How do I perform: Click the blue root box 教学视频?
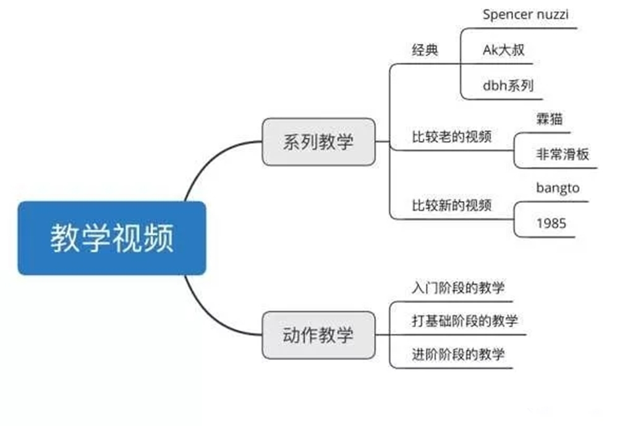(111, 238)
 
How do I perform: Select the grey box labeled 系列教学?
(318, 142)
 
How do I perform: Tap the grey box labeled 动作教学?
(318, 335)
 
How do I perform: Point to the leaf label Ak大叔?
(503, 50)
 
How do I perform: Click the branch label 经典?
(425, 50)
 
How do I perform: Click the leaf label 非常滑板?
(562, 155)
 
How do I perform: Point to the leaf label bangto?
(558, 188)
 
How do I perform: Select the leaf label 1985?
(550, 223)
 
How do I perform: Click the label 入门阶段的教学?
(457, 288)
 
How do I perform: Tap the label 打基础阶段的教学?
(464, 321)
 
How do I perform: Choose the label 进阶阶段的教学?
(457, 354)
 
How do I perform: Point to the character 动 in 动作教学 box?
(292, 335)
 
